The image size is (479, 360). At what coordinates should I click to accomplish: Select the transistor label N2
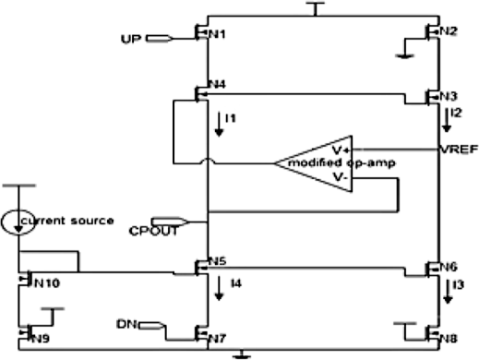pyautogui.click(x=449, y=31)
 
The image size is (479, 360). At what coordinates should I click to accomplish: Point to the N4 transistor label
pyautogui.click(x=218, y=86)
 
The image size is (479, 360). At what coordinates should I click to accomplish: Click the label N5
pyautogui.click(x=218, y=260)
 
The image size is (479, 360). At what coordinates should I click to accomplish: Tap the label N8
pyautogui.click(x=449, y=338)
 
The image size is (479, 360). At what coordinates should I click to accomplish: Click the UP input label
pyautogui.click(x=131, y=39)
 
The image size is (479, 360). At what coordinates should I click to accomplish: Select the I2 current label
pyautogui.click(x=456, y=114)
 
